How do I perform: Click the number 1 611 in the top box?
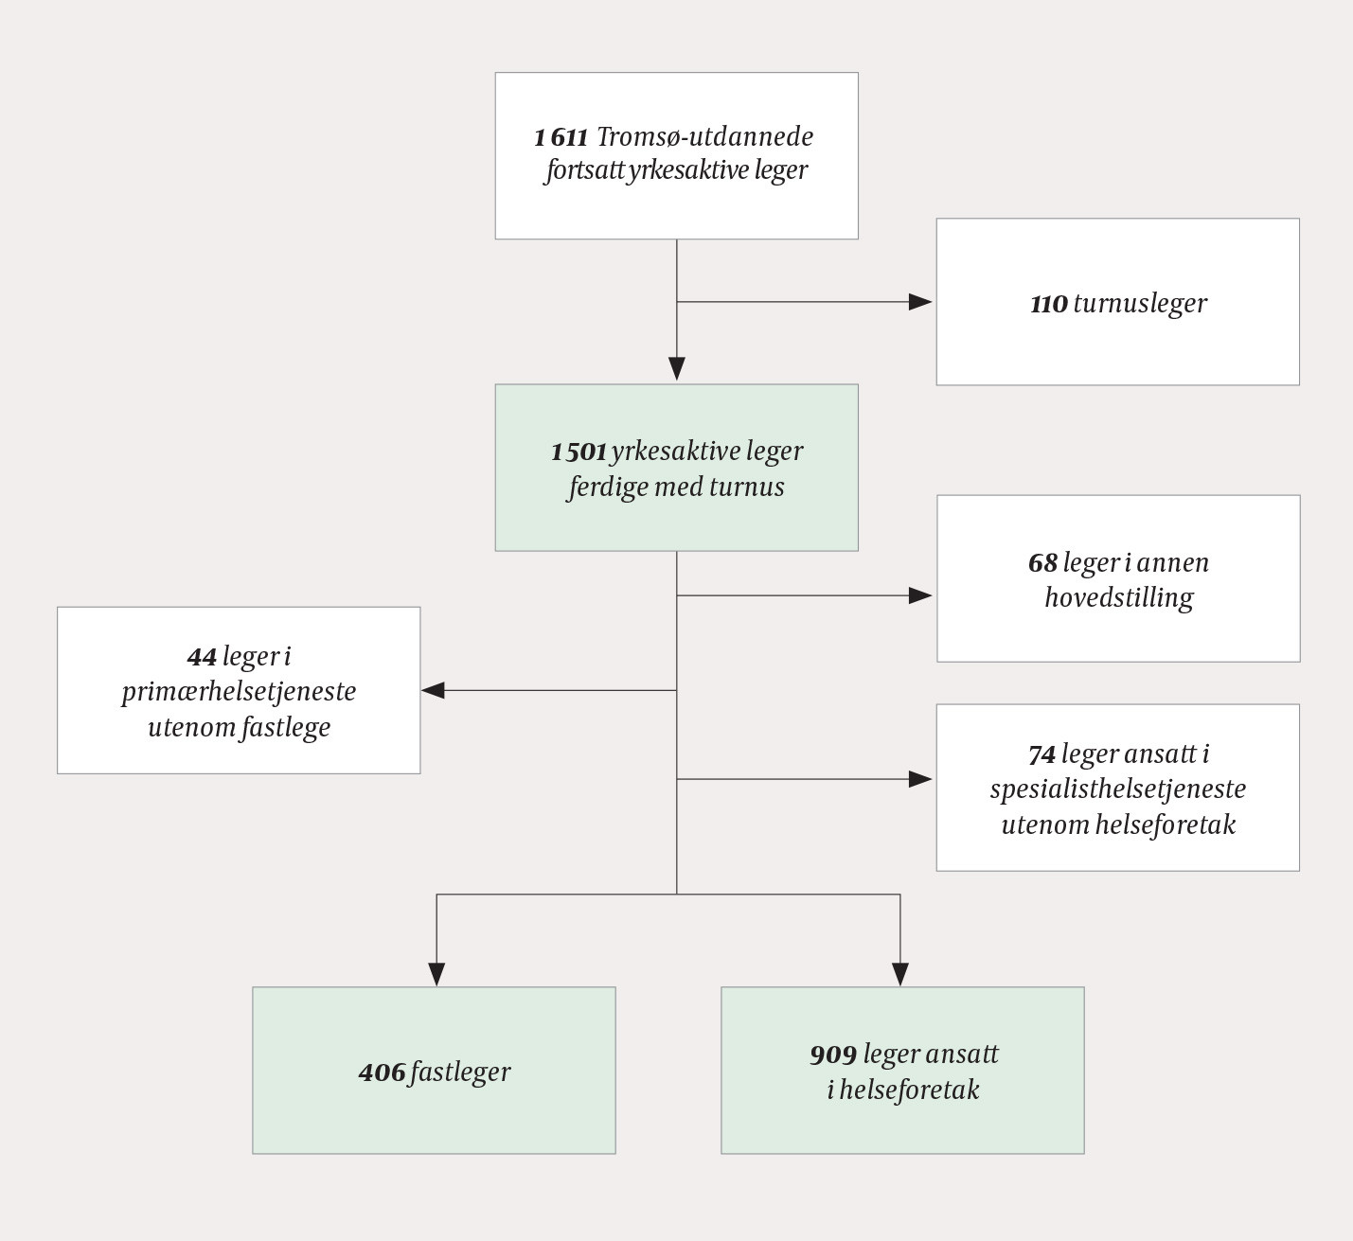(561, 137)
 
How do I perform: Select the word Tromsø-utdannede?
(705, 137)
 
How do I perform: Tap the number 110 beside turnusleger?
(1049, 304)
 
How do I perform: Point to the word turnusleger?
(1140, 304)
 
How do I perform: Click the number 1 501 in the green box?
(579, 452)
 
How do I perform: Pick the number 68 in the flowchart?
(1042, 563)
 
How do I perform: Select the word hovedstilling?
(1119, 598)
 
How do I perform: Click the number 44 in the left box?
(202, 657)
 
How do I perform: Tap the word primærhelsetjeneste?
(239, 692)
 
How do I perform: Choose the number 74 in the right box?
(1041, 754)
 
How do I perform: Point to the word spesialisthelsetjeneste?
(1118, 789)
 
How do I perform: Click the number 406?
(382, 1073)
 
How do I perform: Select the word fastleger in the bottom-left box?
(461, 1073)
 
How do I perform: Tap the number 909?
(833, 1055)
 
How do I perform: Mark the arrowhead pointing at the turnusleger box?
(920, 302)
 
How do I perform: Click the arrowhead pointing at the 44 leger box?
(434, 691)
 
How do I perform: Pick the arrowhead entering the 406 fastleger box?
(436, 974)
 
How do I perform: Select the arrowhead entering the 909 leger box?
(900, 974)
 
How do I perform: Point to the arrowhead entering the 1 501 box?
(677, 368)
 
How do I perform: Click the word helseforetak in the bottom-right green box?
(910, 1090)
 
